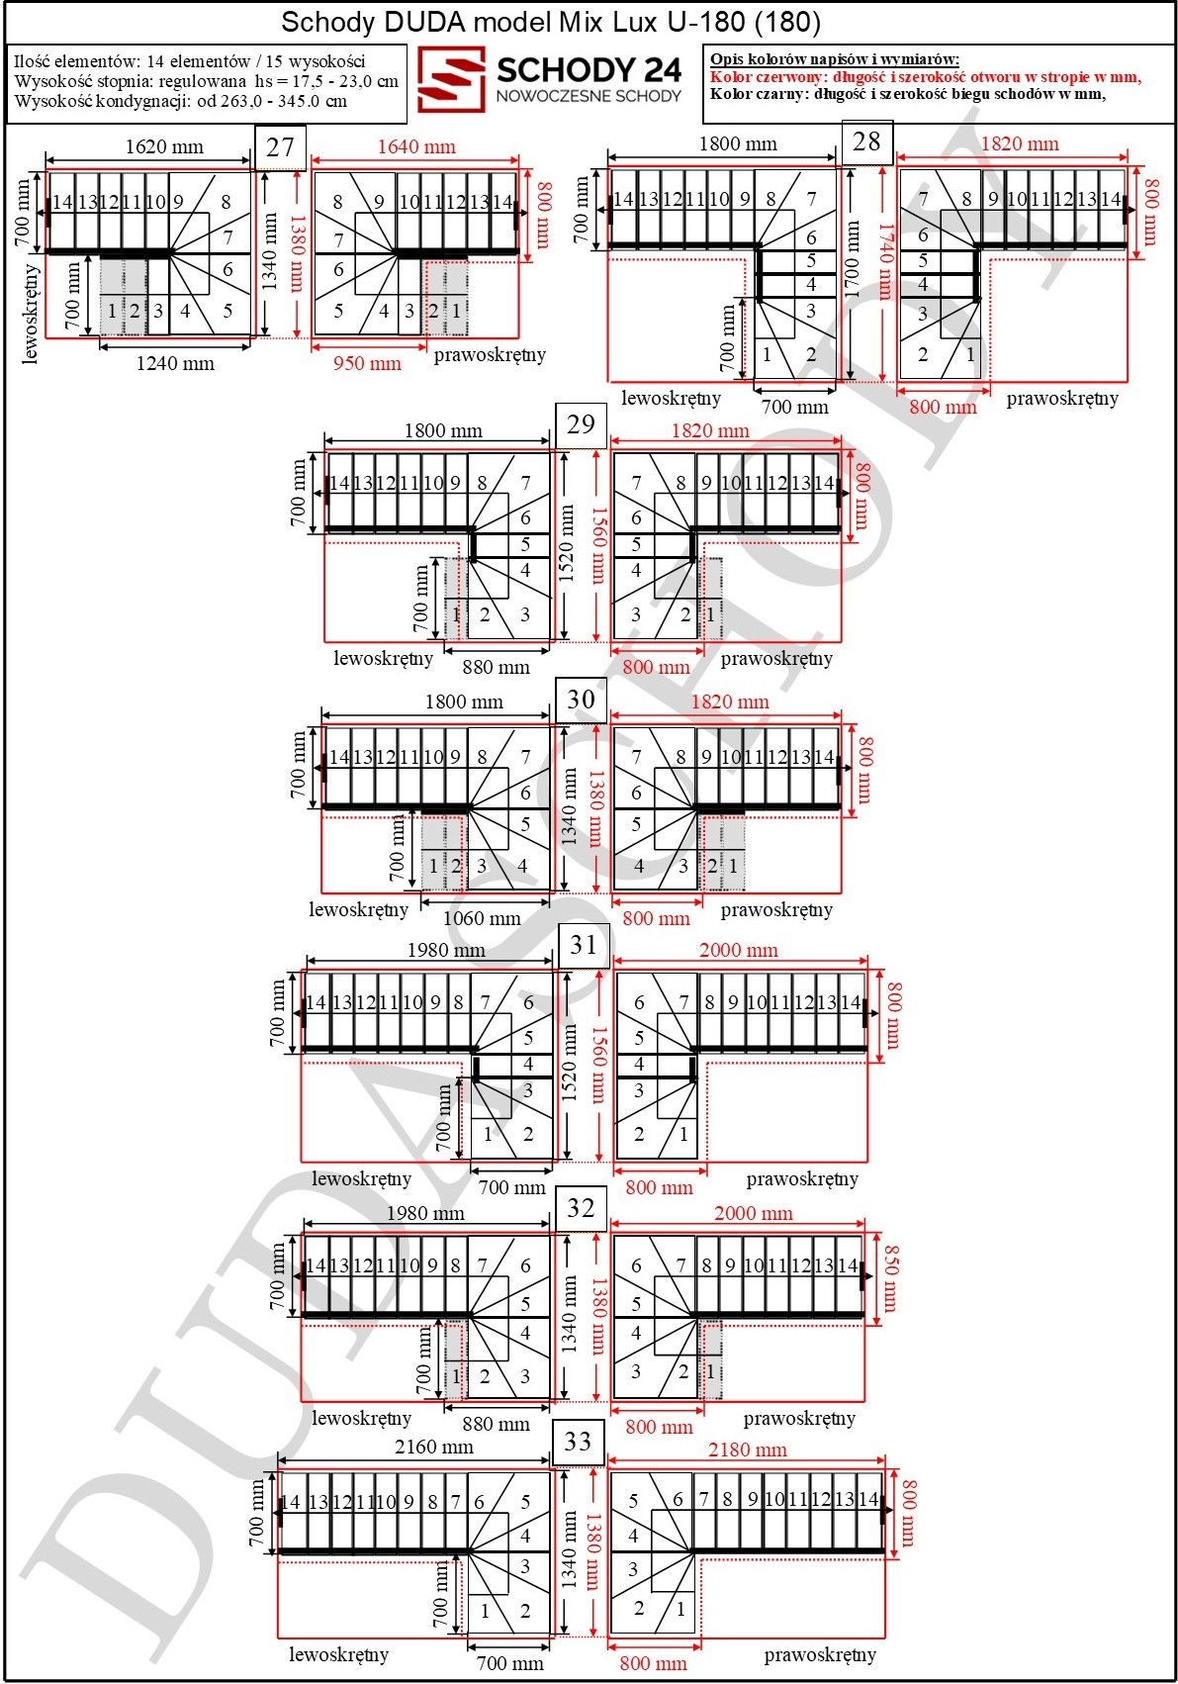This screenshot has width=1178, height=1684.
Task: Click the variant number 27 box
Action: [280, 146]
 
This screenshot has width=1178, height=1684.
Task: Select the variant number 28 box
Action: [866, 141]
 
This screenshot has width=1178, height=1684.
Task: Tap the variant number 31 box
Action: [583, 945]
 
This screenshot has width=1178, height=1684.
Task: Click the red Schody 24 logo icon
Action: [451, 80]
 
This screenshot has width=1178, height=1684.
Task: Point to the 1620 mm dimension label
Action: [164, 146]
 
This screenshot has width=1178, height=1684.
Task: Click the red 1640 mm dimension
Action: [416, 146]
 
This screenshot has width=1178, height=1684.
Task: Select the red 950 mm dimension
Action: [367, 364]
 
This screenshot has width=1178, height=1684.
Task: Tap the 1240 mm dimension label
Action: [174, 364]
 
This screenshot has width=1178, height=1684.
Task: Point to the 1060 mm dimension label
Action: [482, 918]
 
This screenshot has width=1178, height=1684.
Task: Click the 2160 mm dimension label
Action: [434, 1448]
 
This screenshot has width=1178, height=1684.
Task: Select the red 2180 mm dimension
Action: [747, 1450]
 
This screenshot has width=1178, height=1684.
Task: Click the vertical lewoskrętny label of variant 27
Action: [31, 314]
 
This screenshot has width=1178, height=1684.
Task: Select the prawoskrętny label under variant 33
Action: [820, 1654]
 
